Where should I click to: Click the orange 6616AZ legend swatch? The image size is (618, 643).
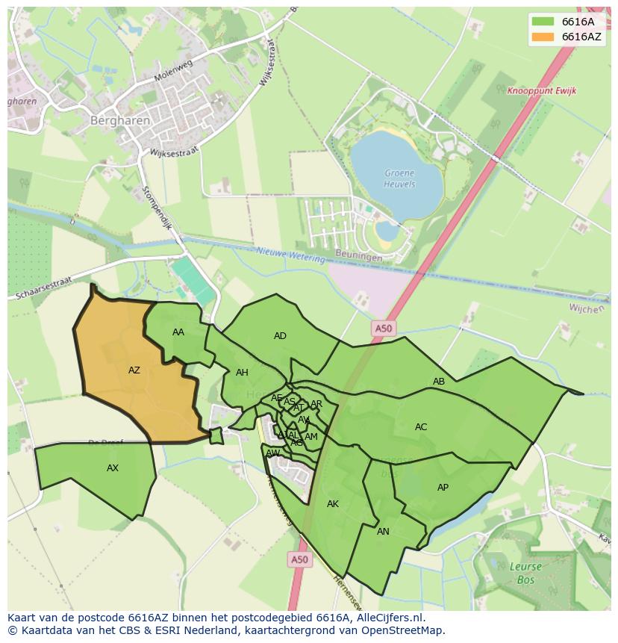click(543, 37)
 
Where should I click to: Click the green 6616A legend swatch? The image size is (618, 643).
click(543, 22)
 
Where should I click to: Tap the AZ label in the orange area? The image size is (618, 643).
click(134, 370)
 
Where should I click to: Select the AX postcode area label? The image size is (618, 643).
click(113, 468)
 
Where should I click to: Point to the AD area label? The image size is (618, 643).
click(280, 336)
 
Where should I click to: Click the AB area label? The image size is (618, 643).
click(439, 382)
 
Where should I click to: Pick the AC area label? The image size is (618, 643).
click(421, 427)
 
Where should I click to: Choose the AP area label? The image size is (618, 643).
click(443, 488)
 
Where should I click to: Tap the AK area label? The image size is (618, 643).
click(333, 504)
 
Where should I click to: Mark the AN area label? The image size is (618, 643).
click(383, 532)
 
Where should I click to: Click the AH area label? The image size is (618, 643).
click(242, 373)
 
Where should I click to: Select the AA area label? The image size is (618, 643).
click(178, 332)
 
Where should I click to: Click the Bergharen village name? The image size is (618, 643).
click(120, 119)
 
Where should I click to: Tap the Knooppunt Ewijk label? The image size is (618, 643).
click(541, 91)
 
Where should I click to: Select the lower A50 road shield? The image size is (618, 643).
click(299, 559)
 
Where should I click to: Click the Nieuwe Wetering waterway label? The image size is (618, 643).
click(291, 255)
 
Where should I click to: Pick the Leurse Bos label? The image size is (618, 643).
click(525, 572)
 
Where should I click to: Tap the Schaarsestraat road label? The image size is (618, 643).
click(43, 288)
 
